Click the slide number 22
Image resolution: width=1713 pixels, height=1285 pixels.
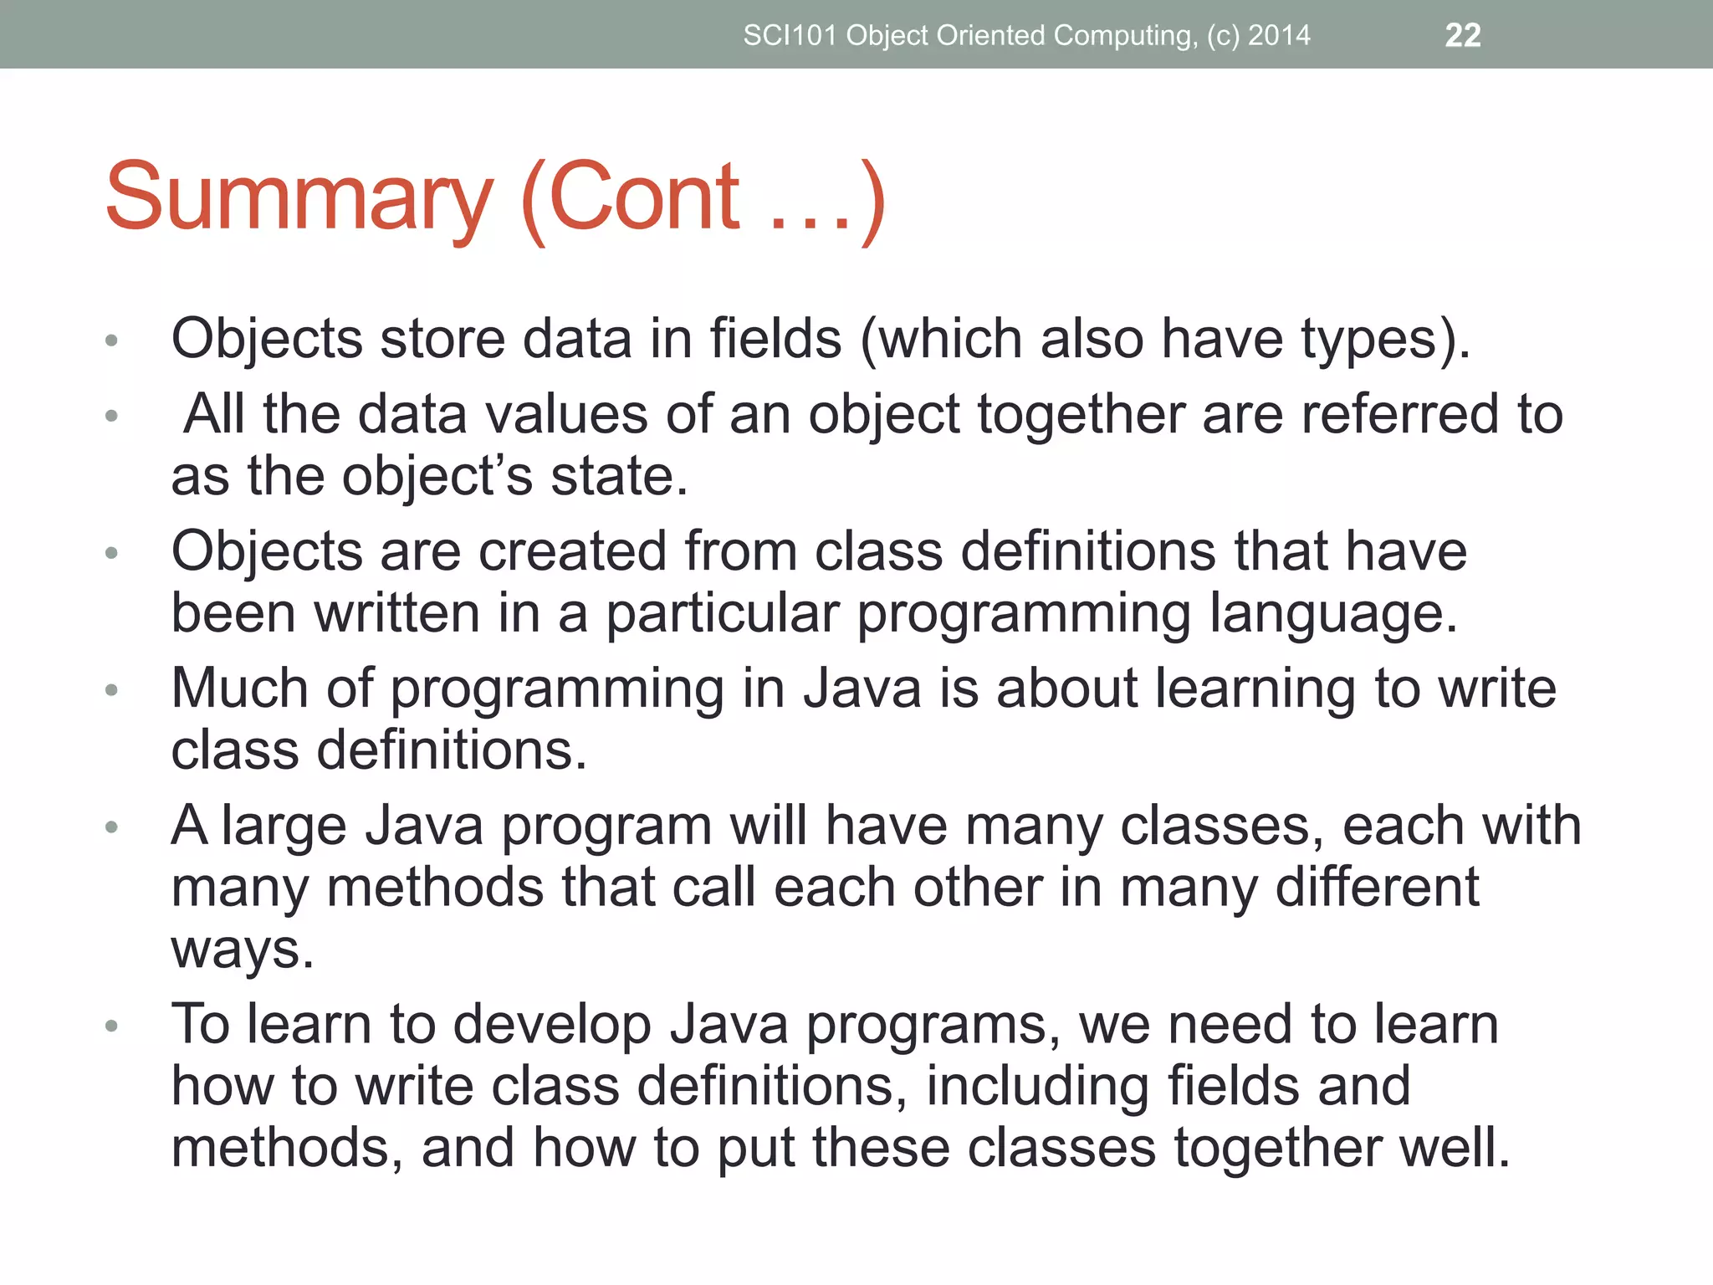1463,35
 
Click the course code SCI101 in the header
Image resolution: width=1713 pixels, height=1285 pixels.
790,35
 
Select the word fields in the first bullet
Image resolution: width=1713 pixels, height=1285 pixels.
775,339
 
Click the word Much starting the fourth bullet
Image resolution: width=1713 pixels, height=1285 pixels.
240,688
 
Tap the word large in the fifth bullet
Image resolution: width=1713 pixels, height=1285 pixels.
284,827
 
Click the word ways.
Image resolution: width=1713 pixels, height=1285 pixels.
243,950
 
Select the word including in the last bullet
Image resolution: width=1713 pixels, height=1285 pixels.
1036,1087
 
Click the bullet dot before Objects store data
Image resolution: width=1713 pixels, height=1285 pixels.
112,340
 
